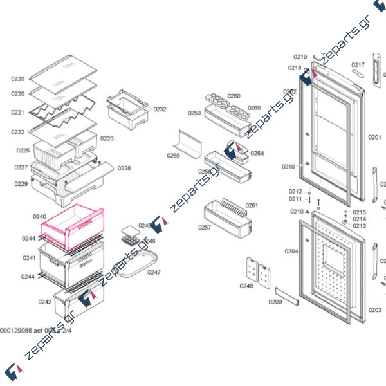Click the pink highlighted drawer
[72, 226]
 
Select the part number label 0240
[40, 217]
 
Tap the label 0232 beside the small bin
[160, 109]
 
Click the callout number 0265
[173, 156]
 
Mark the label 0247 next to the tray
[154, 272]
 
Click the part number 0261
[252, 205]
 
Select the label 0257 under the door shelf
[205, 228]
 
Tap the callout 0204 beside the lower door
[291, 251]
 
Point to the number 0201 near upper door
[374, 137]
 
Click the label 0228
[124, 169]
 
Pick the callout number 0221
[17, 113]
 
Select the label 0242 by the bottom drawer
[44, 302]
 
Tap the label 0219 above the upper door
[300, 57]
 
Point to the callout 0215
[359, 212]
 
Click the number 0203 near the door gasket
[374, 310]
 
